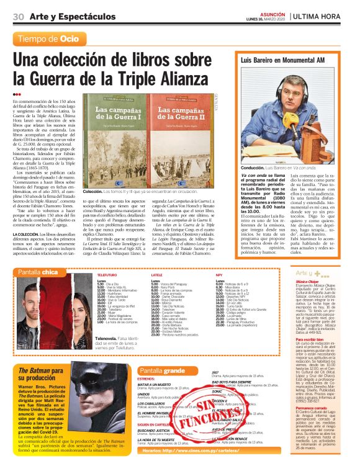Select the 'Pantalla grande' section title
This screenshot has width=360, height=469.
[x=162, y=370]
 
